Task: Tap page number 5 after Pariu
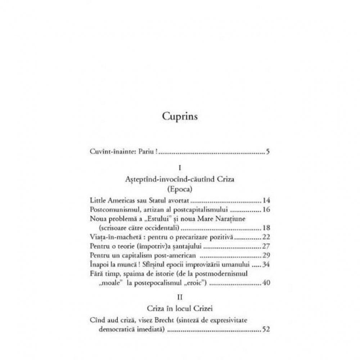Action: coord(268,151)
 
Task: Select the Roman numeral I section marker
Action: coord(179,168)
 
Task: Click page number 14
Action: coord(266,200)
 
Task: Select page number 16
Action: coord(266,210)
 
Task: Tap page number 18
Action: coord(266,228)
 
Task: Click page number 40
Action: coord(266,283)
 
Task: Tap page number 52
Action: coord(266,329)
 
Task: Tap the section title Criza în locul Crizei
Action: coord(179,309)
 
